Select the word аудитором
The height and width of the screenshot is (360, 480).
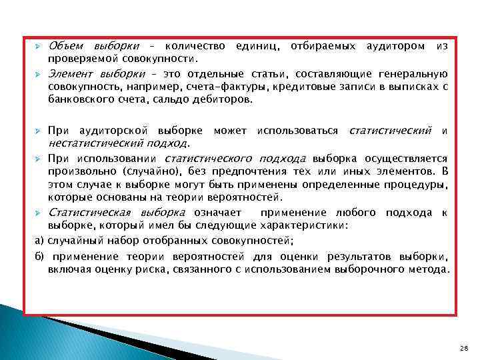pyautogui.click(x=394, y=46)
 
